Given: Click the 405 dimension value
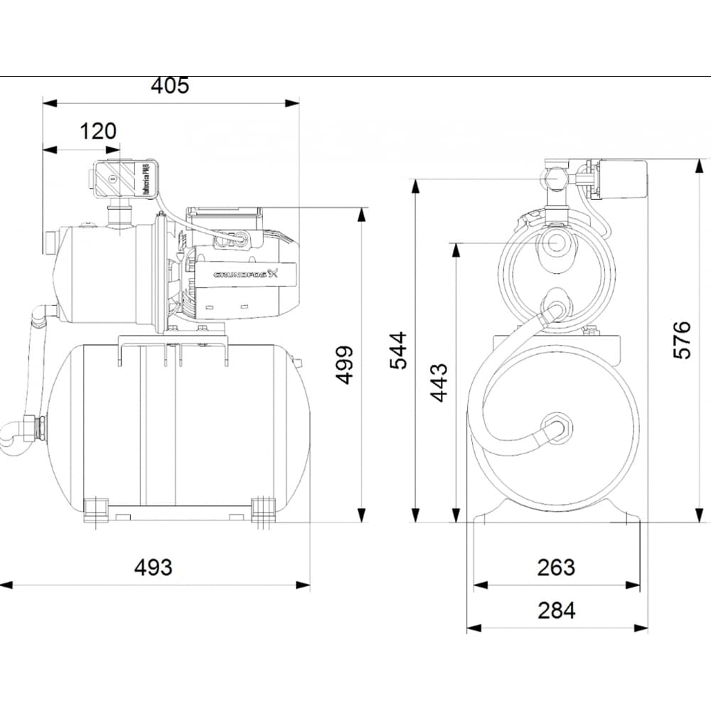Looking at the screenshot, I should [170, 86].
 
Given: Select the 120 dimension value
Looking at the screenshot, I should [97, 132].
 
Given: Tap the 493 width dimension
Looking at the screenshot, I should [154, 567].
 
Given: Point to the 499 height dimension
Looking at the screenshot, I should [345, 365].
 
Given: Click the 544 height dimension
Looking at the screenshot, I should [400, 351].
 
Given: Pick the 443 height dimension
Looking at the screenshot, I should [440, 383].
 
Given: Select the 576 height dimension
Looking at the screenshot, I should [682, 341].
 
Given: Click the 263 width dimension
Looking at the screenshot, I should [556, 567].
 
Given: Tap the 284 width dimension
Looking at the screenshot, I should [556, 610].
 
